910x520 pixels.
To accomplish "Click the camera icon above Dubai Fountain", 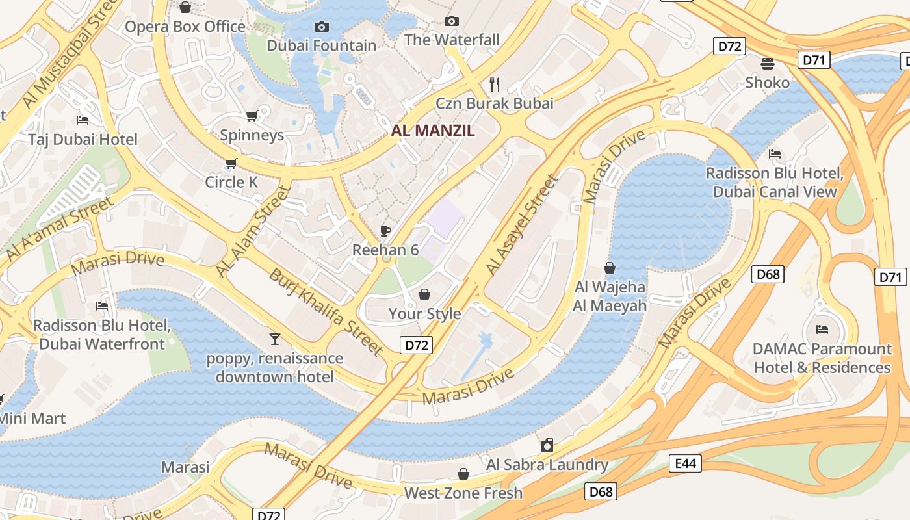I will pyautogui.click(x=321, y=27).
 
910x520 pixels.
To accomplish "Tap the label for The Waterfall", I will pyautogui.click(x=452, y=40).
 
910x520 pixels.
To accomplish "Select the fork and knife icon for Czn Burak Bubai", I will pyautogui.click(x=495, y=84).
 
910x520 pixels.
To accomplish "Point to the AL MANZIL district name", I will pyautogui.click(x=433, y=130).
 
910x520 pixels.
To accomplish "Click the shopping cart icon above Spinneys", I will pyautogui.click(x=252, y=116).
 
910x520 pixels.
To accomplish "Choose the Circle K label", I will pyautogui.click(x=231, y=182).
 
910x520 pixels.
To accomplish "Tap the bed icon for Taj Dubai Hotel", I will pyautogui.click(x=83, y=120).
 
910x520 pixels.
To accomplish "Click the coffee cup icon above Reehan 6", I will pyautogui.click(x=385, y=231).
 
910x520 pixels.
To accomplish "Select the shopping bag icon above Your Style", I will pyautogui.click(x=424, y=294).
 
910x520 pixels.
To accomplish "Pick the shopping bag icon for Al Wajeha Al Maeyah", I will pyautogui.click(x=610, y=267).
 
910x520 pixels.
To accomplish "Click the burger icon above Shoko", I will pyautogui.click(x=768, y=63).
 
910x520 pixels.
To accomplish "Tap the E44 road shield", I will pyautogui.click(x=685, y=463).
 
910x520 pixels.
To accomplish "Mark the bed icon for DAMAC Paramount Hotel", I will pyautogui.click(x=822, y=330).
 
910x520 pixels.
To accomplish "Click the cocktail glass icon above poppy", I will pyautogui.click(x=275, y=339).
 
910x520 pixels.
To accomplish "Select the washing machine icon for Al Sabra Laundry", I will pyautogui.click(x=547, y=445).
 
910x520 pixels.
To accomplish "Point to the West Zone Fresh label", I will pyautogui.click(x=463, y=493).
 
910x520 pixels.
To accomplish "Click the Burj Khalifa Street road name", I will pyautogui.click(x=326, y=311).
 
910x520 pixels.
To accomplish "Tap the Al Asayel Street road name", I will pyautogui.click(x=521, y=224).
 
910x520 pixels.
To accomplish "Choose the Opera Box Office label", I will pyautogui.click(x=185, y=27).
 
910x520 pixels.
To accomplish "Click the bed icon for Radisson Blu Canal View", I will pyautogui.click(x=775, y=154).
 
